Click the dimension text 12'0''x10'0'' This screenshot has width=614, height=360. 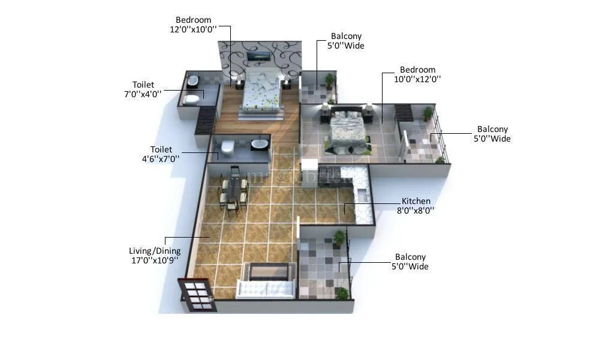[192, 29]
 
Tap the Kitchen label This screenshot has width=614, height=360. [416, 201]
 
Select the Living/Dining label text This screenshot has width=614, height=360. [155, 251]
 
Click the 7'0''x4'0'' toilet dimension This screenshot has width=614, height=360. [143, 94]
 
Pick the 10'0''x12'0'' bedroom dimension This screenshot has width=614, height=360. [417, 79]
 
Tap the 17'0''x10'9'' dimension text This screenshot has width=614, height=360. [155, 260]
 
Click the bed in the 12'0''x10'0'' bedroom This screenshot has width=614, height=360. [260, 95]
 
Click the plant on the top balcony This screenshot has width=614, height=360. [329, 80]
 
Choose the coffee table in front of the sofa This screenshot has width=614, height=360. [266, 272]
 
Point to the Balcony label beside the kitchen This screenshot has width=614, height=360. [410, 257]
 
